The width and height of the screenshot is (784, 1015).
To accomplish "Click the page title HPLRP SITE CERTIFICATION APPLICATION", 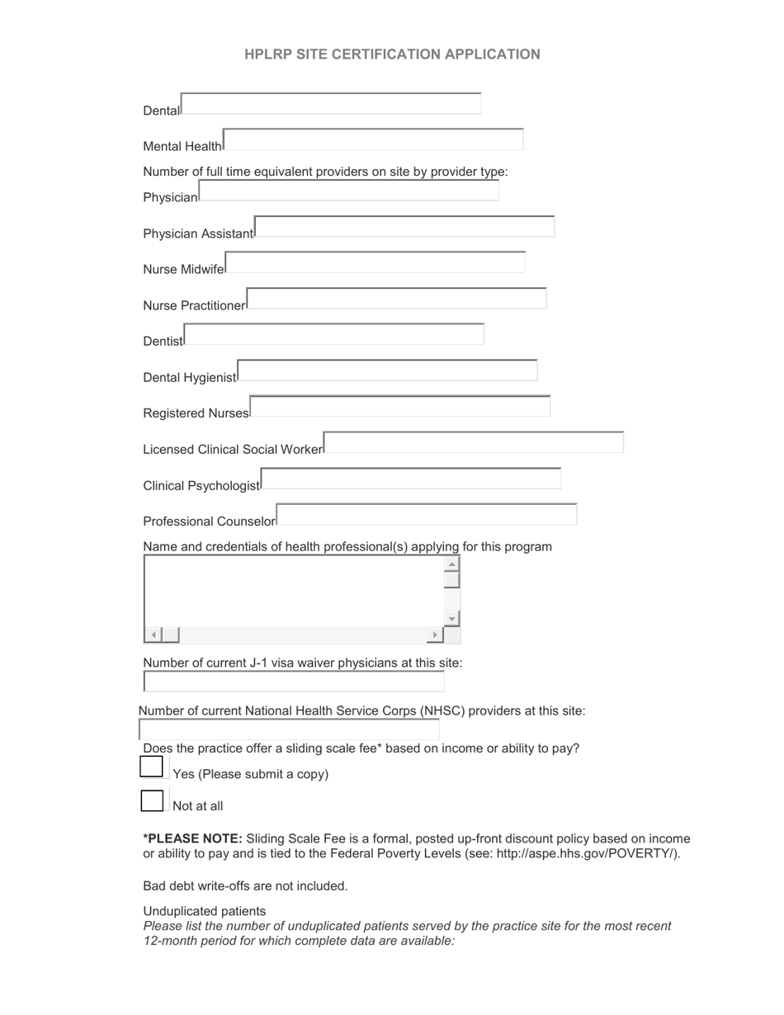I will tap(392, 54).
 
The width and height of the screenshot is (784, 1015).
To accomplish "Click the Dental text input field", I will tap(330, 104).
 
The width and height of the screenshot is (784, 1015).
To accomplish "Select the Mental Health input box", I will tap(373, 139).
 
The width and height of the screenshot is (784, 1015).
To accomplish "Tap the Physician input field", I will tap(348, 191).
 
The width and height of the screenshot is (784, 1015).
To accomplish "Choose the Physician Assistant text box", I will tap(404, 227).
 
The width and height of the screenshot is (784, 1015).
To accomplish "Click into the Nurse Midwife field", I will tap(375, 262).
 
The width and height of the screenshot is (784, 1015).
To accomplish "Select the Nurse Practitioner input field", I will tap(396, 299).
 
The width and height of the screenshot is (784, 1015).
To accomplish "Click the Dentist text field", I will tap(334, 334).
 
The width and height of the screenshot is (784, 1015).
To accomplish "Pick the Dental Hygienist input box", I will tap(387, 371).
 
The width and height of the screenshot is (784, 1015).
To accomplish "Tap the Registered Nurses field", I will tap(399, 407).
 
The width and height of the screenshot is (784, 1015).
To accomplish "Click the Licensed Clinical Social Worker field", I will tap(474, 442).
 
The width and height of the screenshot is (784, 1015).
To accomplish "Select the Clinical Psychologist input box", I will tap(410, 479).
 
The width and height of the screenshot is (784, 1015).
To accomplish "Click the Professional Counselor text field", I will tap(427, 515).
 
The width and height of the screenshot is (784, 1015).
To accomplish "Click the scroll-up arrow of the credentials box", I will tap(451, 564).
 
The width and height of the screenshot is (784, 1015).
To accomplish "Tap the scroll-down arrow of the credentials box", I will tap(451, 619).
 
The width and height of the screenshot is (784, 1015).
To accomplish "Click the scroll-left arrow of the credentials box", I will tap(153, 635).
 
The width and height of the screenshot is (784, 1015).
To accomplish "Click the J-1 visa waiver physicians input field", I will tap(294, 682).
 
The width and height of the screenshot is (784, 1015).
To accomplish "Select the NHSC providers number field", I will tap(289, 729).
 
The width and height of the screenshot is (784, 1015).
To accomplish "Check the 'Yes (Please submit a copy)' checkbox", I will tap(152, 767).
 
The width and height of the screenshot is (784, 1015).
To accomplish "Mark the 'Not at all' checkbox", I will tap(152, 800).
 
